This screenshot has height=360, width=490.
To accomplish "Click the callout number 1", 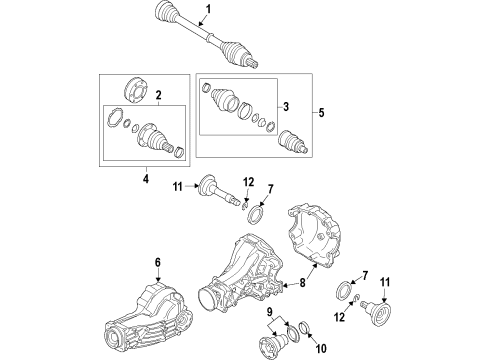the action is coord(208,9).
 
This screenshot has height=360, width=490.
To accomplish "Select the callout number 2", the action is coord(158,95).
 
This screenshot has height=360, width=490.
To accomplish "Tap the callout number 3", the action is coord(286,107).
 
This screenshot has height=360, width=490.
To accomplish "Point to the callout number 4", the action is coord(146,178).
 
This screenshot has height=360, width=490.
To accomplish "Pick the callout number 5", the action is coord(321,113).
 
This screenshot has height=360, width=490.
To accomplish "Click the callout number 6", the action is coord(157,262).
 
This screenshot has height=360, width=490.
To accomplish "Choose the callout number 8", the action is coord(302,283).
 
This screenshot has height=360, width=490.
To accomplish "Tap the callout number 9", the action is coord(269,312).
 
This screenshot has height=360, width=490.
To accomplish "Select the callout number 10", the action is coord(321,349).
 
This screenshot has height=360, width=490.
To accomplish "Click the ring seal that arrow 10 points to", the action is coord(304,327).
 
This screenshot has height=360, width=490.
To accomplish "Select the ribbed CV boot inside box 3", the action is coord(224,99).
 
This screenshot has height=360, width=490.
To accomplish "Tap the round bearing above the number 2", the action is coord(136,90).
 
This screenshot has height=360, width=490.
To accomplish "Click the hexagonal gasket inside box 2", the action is coord(114,117).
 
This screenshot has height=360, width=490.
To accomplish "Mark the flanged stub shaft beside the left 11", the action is coord(218,191).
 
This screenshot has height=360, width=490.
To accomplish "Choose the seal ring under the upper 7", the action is coord(255,213).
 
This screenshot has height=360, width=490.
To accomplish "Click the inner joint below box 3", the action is coord(292,141).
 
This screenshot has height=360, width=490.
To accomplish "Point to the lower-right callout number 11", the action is coord(385,282).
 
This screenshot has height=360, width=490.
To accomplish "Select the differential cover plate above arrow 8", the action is coord(314,236).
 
